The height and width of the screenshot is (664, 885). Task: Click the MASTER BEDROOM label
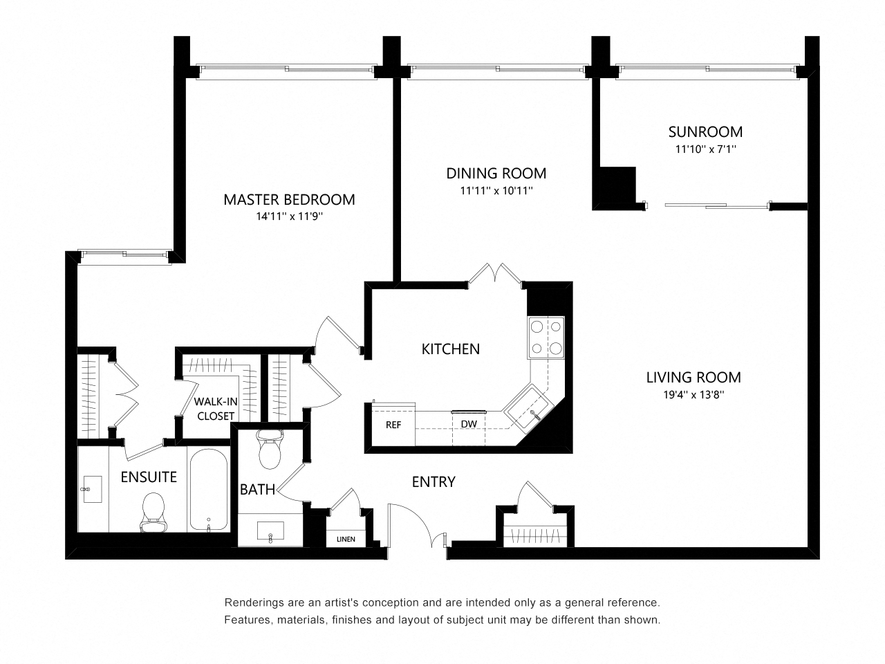coord(289,200)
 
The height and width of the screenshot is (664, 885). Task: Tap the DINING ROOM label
coord(496,174)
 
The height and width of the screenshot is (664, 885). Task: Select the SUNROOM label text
coord(705,131)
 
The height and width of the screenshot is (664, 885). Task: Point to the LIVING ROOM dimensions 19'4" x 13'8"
coord(693,395)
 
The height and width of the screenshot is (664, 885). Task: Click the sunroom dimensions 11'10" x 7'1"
coord(705,149)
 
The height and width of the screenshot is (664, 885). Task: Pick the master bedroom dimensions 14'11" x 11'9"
coord(289,216)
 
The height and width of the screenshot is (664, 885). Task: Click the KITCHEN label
coord(451,349)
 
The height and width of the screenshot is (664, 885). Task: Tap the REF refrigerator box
coord(393,424)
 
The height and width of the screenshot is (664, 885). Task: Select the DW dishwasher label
coord(468,424)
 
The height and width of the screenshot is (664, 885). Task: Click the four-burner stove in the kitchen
coord(546,337)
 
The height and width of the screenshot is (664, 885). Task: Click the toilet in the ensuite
coord(151,513)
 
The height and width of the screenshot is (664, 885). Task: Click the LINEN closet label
coord(346,539)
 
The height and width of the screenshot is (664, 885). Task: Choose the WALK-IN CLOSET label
coord(216,409)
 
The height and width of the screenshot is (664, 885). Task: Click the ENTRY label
coord(434,482)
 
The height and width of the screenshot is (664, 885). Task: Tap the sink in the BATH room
coord(270,533)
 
